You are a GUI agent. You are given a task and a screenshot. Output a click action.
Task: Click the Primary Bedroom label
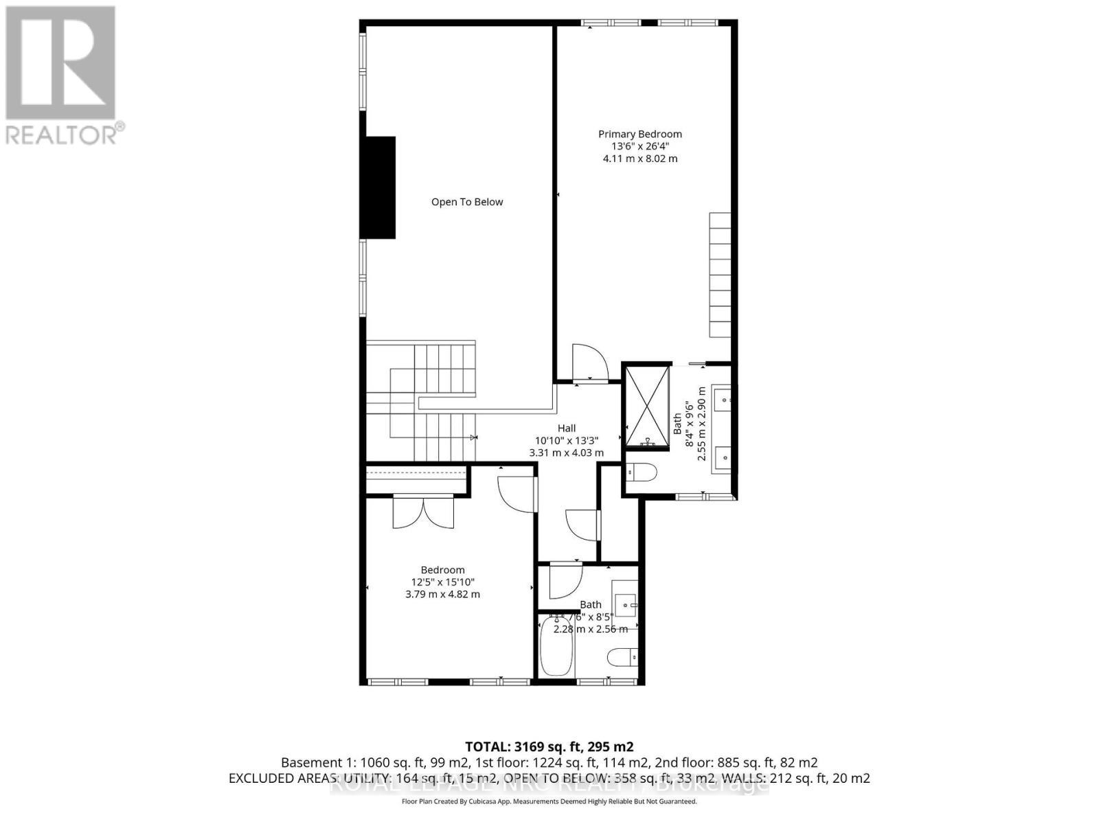[639, 134]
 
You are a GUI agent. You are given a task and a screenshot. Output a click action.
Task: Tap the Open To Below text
[467, 202]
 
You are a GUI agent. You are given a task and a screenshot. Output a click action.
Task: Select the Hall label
[567, 428]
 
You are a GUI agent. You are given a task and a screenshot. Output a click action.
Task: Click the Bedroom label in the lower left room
[442, 570]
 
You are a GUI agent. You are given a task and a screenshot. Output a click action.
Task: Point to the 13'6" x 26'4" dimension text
[639, 146]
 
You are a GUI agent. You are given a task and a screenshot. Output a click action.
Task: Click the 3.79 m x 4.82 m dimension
[442, 594]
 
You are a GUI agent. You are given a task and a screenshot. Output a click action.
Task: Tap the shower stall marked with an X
[646, 406]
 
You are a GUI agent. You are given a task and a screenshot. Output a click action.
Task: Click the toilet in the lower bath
[622, 658]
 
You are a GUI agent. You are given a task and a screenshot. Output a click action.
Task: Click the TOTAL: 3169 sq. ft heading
[549, 746]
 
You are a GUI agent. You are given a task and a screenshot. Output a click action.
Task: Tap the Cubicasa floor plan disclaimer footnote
[549, 801]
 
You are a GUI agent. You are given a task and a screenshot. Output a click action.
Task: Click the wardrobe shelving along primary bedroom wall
[720, 275]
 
